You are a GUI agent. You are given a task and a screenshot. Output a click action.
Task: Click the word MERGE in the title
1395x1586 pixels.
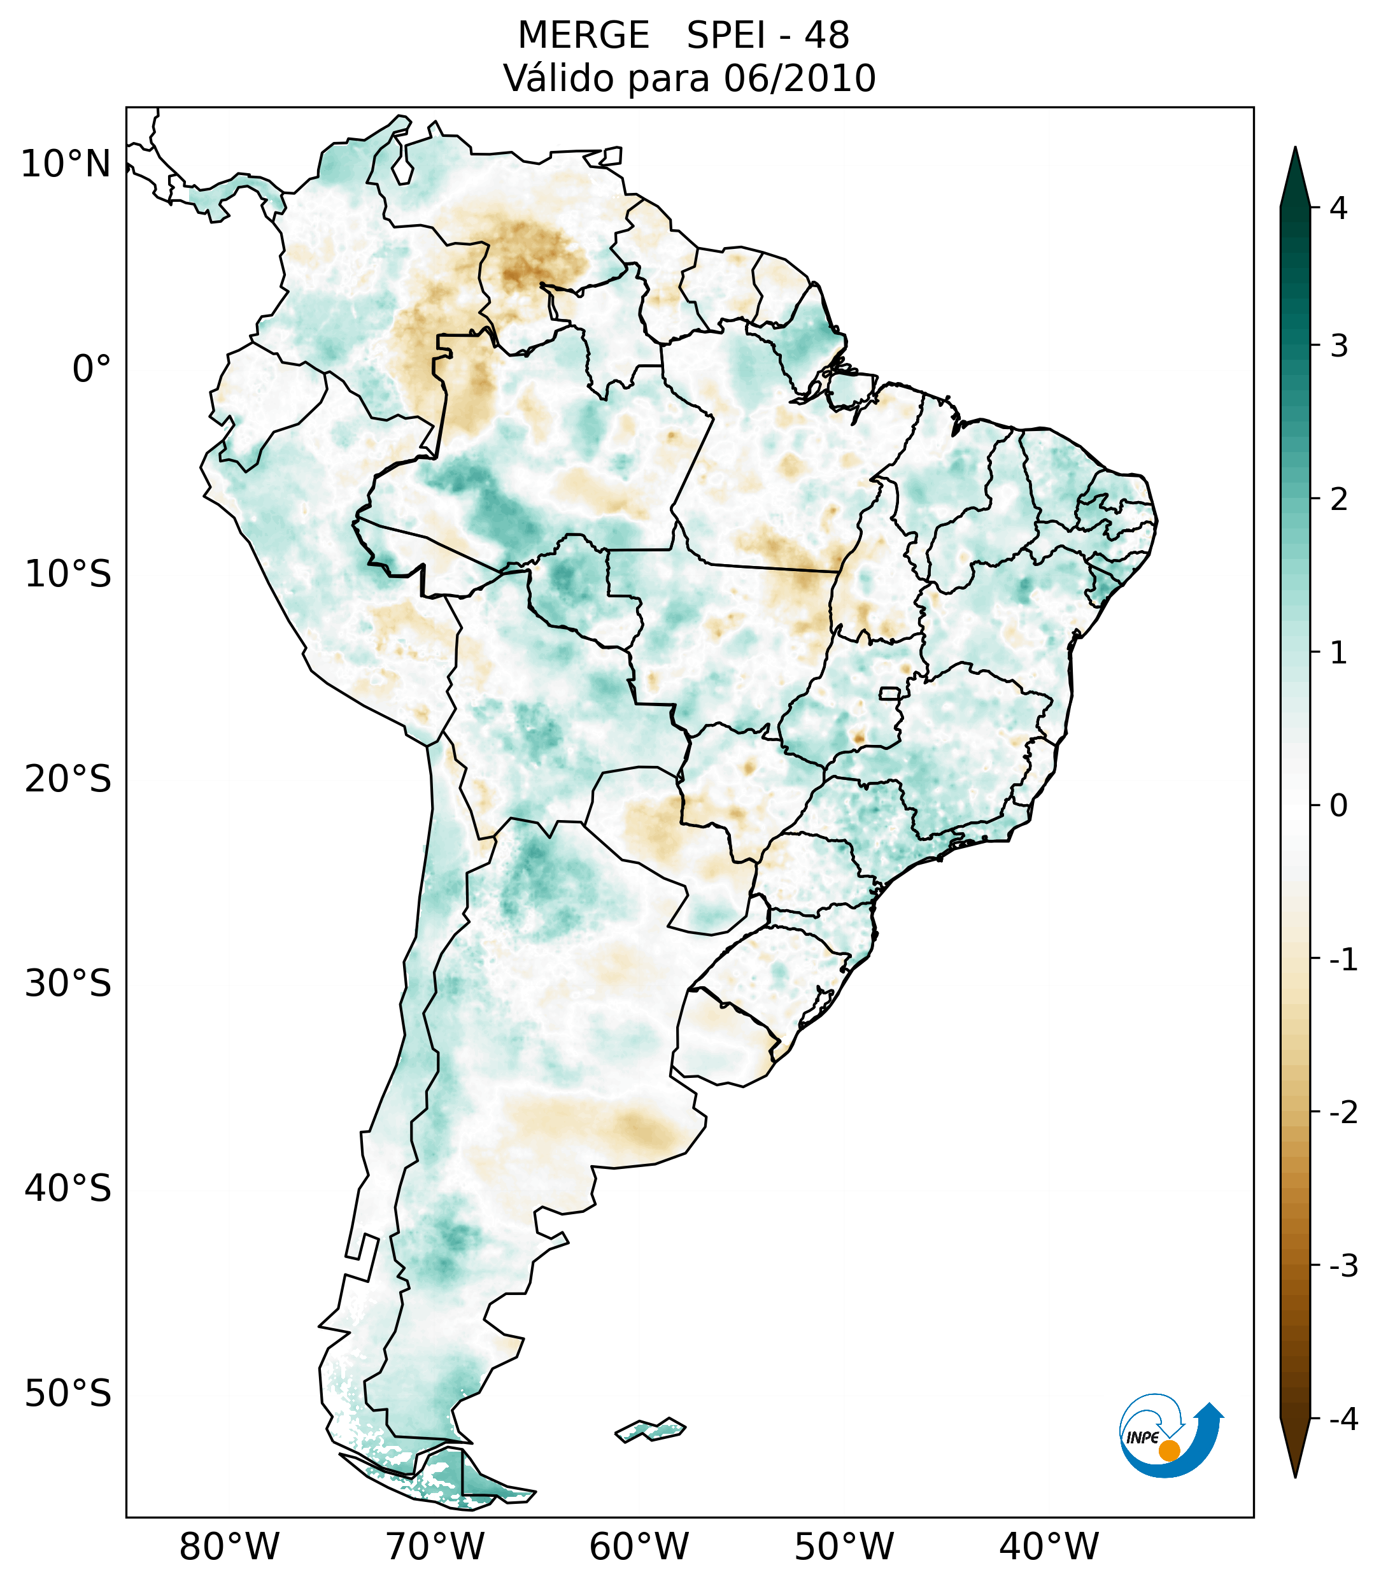coord(583,36)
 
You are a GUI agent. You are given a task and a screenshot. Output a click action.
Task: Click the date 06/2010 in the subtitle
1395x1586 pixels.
coord(799,78)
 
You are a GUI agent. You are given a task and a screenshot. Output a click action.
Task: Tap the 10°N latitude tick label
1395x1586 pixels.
coord(66,164)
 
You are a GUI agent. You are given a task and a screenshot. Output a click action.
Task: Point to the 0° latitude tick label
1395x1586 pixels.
coord(92,369)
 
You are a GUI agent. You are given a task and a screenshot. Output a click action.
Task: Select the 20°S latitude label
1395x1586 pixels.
coord(68,779)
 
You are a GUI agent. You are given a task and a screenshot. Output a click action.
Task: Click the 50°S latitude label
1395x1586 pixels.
coord(68,1394)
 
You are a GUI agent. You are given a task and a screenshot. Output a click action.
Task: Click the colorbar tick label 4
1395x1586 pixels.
coord(1338,208)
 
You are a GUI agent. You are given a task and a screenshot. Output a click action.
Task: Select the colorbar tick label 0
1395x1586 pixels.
coord(1338,806)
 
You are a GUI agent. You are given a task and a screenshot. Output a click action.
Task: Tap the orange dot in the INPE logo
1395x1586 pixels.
coord(1168,1450)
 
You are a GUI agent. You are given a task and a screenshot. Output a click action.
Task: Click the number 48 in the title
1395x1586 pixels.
coord(826,36)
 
